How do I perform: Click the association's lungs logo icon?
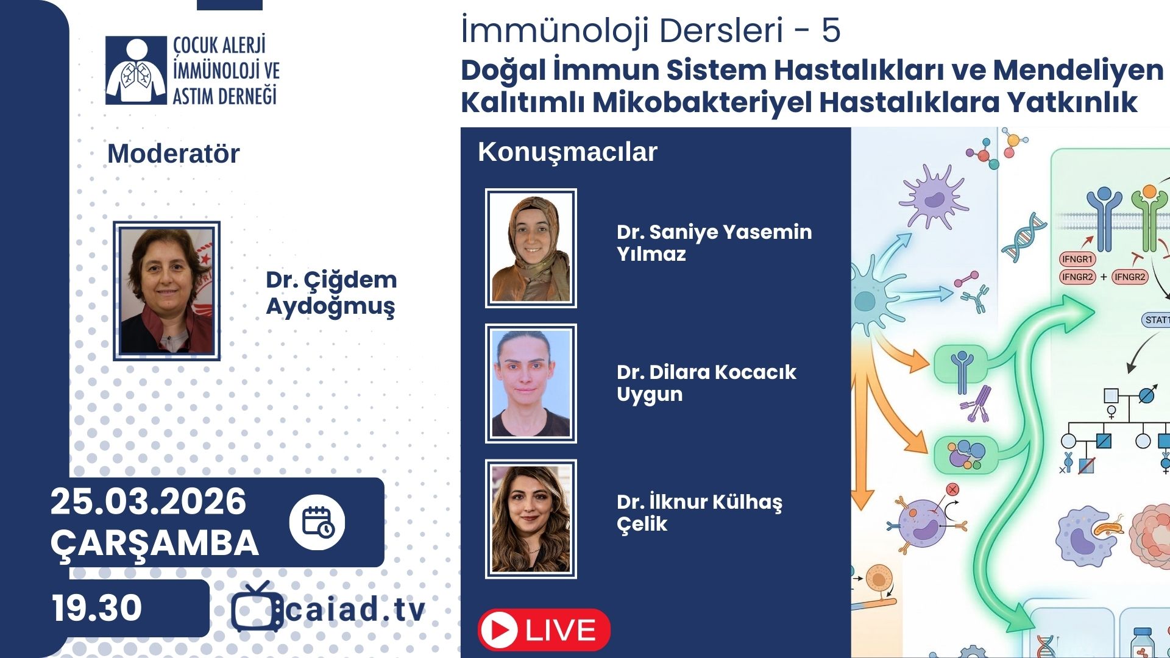pyautogui.click(x=136, y=70)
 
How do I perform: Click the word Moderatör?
pyautogui.click(x=174, y=154)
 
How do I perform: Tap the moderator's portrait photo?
pyautogui.click(x=166, y=291)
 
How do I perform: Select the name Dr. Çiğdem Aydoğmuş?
pyautogui.click(x=331, y=293)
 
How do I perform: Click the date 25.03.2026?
pyautogui.click(x=148, y=501)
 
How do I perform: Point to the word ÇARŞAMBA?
pyautogui.click(x=155, y=543)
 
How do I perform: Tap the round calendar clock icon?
pyautogui.click(x=317, y=522)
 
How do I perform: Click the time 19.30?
pyautogui.click(x=97, y=607)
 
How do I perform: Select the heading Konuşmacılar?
pyautogui.click(x=567, y=152)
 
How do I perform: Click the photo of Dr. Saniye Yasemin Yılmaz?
pyautogui.click(x=531, y=248)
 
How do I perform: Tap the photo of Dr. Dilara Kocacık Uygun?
pyautogui.click(x=531, y=383)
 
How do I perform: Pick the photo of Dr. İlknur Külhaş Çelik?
pyautogui.click(x=531, y=518)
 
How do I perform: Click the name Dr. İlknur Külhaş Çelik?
pyautogui.click(x=700, y=512)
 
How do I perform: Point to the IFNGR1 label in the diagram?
pyautogui.click(x=1077, y=259)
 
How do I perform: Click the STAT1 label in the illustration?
pyautogui.click(x=1156, y=320)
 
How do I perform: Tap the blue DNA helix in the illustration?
pyautogui.click(x=1024, y=238)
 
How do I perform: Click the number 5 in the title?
pyautogui.click(x=831, y=30)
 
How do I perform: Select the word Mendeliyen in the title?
pyautogui.click(x=1078, y=70)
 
